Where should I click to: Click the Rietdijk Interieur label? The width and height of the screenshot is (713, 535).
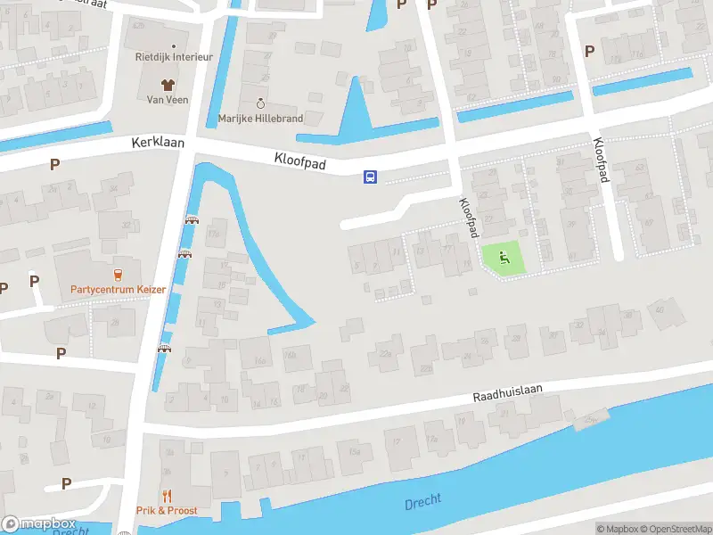tap(173, 56)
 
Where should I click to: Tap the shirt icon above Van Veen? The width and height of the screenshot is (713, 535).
tap(167, 83)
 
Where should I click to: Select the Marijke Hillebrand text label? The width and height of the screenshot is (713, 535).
tap(260, 119)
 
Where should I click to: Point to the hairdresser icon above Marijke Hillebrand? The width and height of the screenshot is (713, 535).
tap(260, 103)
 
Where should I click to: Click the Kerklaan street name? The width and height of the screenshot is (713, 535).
tap(155, 143)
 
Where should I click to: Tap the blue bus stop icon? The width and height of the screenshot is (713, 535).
tap(370, 177)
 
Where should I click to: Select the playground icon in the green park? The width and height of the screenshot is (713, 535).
tap(504, 259)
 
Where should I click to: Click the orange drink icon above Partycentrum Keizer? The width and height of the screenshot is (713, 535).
tap(118, 274)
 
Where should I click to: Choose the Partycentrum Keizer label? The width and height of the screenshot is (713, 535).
tap(118, 289)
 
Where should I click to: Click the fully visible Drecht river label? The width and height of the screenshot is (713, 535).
tap(422, 502)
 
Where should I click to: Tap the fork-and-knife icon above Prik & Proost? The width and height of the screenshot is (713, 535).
tap(166, 496)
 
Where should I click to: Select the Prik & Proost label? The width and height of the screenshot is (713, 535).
tap(166, 511)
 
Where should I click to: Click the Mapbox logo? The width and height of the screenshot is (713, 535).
tap(39, 523)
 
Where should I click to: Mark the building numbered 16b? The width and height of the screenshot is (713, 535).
tap(290, 354)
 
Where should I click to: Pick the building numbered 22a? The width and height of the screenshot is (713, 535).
tap(386, 354)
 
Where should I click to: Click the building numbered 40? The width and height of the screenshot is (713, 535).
tap(660, 309)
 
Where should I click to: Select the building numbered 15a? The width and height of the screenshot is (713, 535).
tap(355, 452)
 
